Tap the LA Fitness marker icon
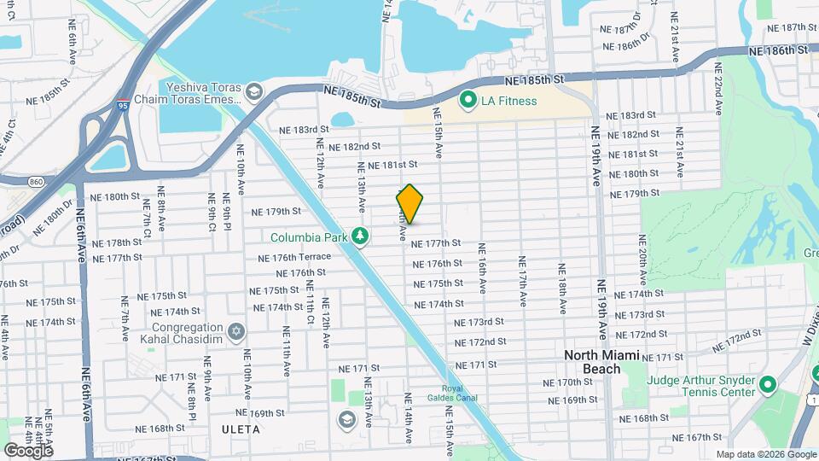pyautogui.click(x=468, y=101)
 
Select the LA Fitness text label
pyautogui.click(x=508, y=101)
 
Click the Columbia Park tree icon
pyautogui.click(x=361, y=236)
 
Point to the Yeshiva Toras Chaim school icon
pyautogui.click(x=253, y=90)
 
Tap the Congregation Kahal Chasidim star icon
pyautogui.click(x=237, y=330)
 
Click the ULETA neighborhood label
pyautogui.click(x=240, y=429)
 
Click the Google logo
pyautogui.click(x=28, y=450)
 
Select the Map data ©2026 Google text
pyautogui.click(x=765, y=454)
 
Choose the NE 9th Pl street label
pyautogui.click(x=212, y=211)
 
